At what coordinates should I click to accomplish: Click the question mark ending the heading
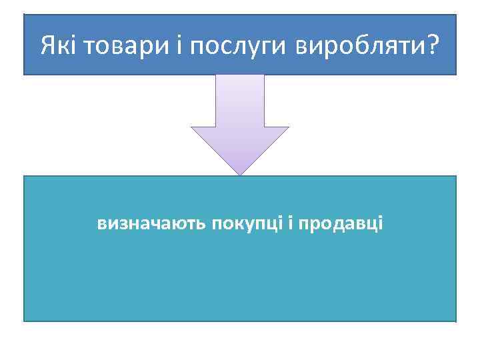pos(433,46)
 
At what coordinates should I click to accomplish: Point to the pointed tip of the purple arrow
pos(240,175)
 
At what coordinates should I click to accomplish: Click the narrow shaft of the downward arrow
pos(240,100)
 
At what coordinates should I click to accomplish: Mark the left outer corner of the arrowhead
pos(191,127)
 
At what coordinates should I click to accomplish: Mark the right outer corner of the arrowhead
pos(289,127)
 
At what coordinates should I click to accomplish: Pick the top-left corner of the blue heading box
pos(24,15)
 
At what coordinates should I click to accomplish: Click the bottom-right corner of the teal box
pos(456,321)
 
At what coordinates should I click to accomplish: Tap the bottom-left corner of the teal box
pos(24,321)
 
